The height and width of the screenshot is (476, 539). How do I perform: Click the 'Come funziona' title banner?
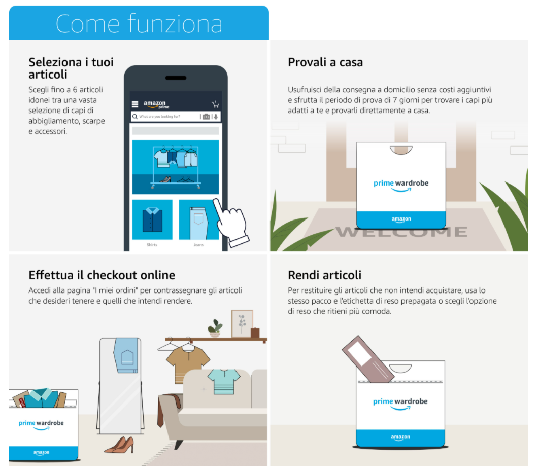(x=139, y=23)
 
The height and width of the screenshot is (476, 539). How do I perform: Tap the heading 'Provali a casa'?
(x=325, y=62)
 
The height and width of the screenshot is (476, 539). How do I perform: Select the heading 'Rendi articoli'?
(x=324, y=275)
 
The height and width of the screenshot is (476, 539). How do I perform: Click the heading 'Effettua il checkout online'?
(x=102, y=275)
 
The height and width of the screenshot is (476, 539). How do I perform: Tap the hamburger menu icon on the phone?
(x=135, y=104)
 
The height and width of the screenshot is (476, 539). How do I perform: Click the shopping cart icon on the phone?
(x=216, y=104)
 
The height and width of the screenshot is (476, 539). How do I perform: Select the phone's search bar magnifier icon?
(x=135, y=117)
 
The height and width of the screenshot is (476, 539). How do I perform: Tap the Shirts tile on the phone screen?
(x=152, y=219)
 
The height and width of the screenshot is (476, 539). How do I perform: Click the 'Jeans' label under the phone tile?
(x=198, y=245)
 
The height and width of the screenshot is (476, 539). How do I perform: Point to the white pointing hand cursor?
(x=231, y=223)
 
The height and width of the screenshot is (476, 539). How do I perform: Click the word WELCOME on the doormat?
(x=401, y=232)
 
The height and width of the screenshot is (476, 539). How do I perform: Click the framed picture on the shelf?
(x=242, y=323)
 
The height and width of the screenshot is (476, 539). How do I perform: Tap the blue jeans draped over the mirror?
(x=126, y=355)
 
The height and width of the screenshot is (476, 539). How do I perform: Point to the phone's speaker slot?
(x=176, y=78)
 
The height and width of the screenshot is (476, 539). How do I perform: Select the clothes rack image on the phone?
(x=176, y=167)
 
